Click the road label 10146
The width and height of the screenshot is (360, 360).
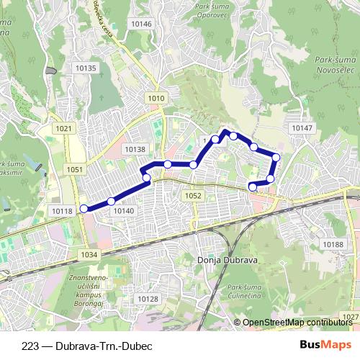point(141,24)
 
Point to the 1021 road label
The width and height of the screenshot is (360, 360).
point(64,128)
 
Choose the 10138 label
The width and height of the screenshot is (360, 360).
point(135,149)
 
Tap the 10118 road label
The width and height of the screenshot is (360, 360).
point(63,210)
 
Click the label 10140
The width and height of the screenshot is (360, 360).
point(123,210)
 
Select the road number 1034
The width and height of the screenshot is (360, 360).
point(89,254)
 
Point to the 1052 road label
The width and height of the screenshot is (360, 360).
point(193,195)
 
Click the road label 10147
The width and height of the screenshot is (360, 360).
point(302,127)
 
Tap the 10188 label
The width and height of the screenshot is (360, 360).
point(333,245)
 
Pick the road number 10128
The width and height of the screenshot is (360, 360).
point(147,299)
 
